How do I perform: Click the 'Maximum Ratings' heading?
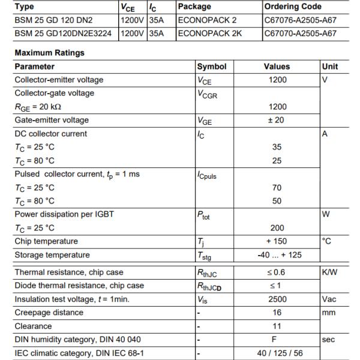pyautogui.click(x=49, y=53)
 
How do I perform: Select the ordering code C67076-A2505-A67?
pyautogui.click(x=299, y=19)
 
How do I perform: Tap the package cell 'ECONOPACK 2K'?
pyautogui.click(x=209, y=33)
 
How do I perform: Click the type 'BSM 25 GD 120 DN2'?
pyautogui.click(x=55, y=19)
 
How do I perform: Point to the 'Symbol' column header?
pyautogui.click(x=212, y=67)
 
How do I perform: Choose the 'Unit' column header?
pyautogui.click(x=330, y=67)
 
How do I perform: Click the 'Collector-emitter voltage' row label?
pyautogui.click(x=59, y=80)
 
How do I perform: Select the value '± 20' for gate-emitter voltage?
pyautogui.click(x=277, y=120)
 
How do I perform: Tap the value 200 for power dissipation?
pyautogui.click(x=277, y=228)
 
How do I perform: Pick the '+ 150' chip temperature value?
pyautogui.click(x=277, y=241)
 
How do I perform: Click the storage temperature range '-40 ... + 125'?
pyautogui.click(x=277, y=255)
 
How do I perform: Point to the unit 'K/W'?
pyautogui.click(x=330, y=272)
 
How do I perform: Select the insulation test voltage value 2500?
pyautogui.click(x=277, y=299)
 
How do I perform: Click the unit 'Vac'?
pyautogui.click(x=331, y=299)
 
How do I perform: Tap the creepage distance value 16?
pyautogui.click(x=277, y=313)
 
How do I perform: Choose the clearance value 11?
pyautogui.click(x=277, y=326)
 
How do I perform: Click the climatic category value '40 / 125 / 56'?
pyautogui.click(x=277, y=353)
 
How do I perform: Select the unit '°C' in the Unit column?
pyautogui.click(x=328, y=241)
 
